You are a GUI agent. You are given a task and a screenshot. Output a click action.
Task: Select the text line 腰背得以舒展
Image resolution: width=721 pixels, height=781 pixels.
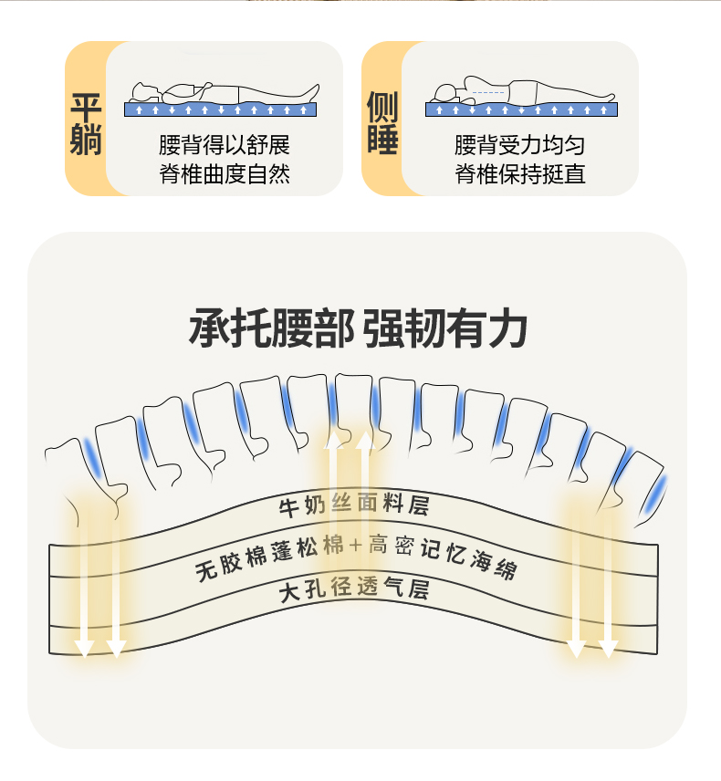pyautogui.click(x=225, y=146)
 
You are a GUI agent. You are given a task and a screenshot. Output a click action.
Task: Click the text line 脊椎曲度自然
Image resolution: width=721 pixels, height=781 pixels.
pyautogui.click(x=225, y=174)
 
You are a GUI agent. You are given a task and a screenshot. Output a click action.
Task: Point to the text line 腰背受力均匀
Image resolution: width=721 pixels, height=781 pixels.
pyautogui.click(x=520, y=146)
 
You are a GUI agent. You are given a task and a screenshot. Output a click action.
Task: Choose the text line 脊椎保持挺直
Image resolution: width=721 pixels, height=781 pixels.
pyautogui.click(x=520, y=174)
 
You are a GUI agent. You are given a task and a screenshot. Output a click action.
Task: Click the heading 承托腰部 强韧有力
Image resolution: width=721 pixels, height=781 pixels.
pyautogui.click(x=358, y=329)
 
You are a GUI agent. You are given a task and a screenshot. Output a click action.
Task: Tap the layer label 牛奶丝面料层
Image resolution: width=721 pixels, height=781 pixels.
pyautogui.click(x=353, y=505)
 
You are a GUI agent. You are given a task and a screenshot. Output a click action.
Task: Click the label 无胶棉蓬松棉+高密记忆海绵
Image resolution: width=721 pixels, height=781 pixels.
pyautogui.click(x=356, y=553)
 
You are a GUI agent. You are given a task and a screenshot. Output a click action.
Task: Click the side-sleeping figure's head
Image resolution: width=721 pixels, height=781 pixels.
pyautogui.click(x=445, y=92)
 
